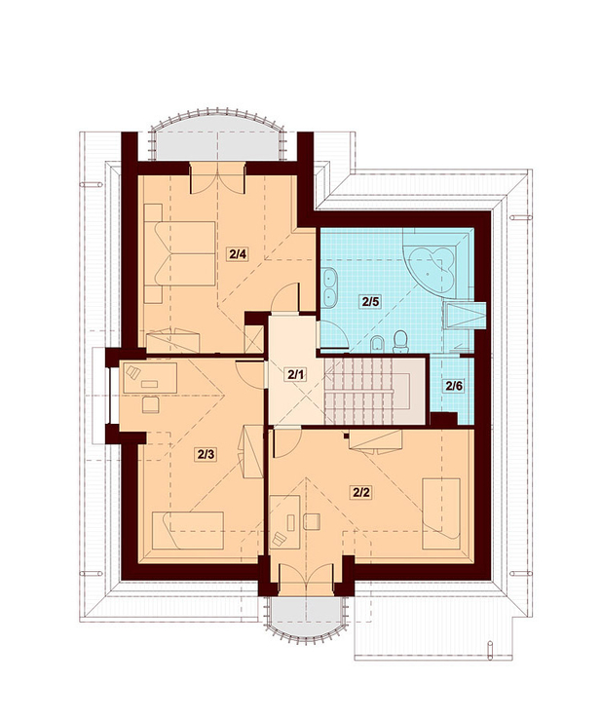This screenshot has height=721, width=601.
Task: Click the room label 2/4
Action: click(x=239, y=253)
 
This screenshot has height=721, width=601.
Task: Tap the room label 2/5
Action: click(x=370, y=302)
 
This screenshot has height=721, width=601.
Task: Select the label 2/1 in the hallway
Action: click(x=296, y=375)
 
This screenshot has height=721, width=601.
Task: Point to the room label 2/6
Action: click(x=453, y=386)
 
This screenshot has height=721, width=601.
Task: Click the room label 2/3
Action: click(x=206, y=454)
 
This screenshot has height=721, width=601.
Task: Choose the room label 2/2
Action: click(x=361, y=492)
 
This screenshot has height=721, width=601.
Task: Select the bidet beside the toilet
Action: click(x=377, y=344)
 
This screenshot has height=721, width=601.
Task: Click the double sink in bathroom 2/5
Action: click(x=329, y=287)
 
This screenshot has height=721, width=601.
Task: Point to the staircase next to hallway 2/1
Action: click(x=374, y=392)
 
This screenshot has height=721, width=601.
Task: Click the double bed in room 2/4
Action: click(x=180, y=253)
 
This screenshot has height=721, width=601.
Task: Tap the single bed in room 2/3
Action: click(x=188, y=530)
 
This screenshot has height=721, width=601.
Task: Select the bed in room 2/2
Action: click(x=441, y=513)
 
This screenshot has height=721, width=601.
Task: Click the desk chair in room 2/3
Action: click(x=151, y=405)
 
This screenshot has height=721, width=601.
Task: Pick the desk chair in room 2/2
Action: click(x=312, y=521)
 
